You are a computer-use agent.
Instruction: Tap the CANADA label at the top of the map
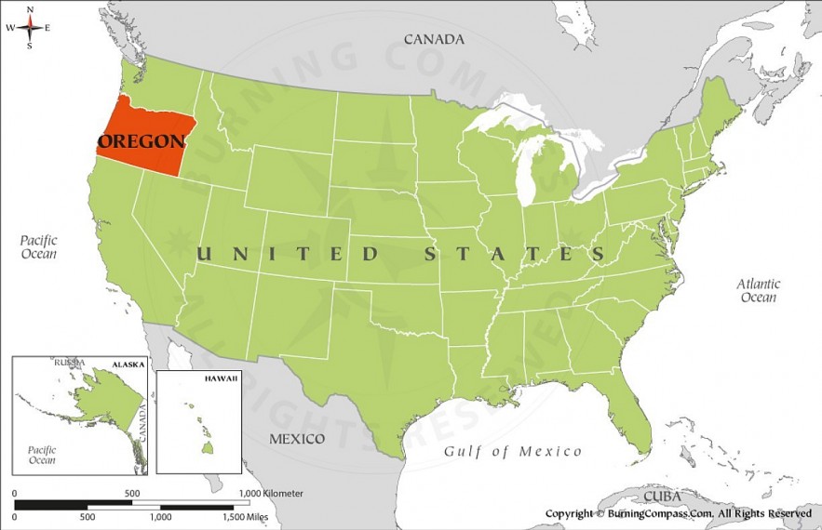point(433,39)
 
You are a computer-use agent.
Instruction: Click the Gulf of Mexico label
point(512,452)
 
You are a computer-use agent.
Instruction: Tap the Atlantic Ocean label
point(758,290)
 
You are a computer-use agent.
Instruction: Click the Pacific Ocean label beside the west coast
point(39,246)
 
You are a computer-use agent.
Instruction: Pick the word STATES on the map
point(515,254)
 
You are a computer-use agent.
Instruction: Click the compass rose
point(29,27)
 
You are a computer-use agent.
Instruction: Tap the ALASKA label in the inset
point(128,364)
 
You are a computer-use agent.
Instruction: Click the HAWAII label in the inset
point(222,379)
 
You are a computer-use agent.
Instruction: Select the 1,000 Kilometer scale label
point(270,493)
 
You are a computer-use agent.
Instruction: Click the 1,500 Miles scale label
point(250,515)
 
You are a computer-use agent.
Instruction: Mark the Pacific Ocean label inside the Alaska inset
point(42,454)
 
